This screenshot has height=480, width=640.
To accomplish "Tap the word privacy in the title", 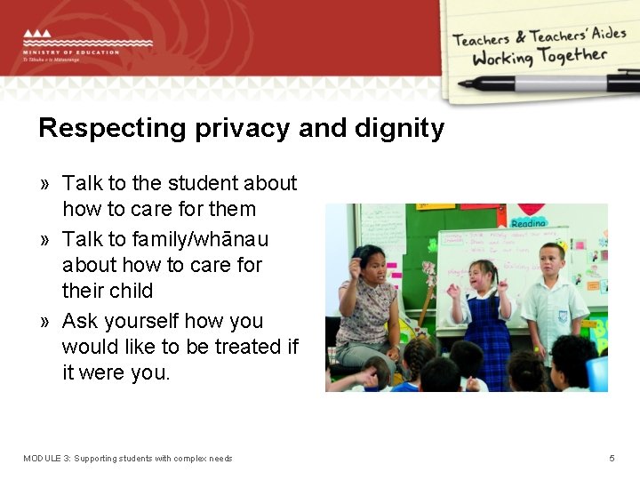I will [237, 129].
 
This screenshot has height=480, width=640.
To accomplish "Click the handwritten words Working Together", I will [540, 58].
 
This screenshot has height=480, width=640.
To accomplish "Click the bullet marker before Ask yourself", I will [44, 322].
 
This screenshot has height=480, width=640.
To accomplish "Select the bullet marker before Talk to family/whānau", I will [44, 240].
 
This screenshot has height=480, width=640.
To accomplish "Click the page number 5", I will [612, 459].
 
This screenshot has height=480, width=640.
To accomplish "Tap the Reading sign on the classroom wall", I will [528, 223].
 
